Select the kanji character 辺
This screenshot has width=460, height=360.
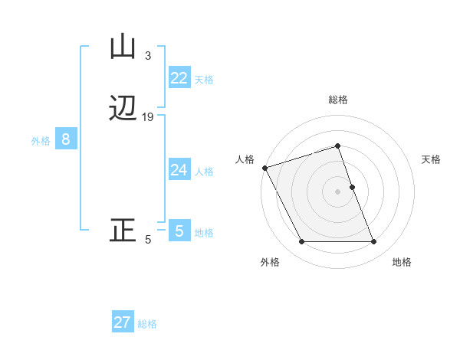pyautogui.click(x=123, y=108)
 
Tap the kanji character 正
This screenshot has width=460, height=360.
pyautogui.click(x=123, y=231)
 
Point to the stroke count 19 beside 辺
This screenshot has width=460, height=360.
pyautogui.click(x=148, y=117)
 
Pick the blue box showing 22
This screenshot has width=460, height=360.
pyautogui.click(x=179, y=77)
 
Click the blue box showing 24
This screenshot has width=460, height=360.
pyautogui.click(x=179, y=169)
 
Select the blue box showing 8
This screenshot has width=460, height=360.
pyautogui.click(x=66, y=139)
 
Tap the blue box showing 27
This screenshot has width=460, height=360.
pyautogui.click(x=123, y=322)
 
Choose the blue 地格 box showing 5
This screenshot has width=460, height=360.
pyautogui.click(x=179, y=231)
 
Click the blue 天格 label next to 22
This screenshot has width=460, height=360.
pyautogui.click(x=204, y=79)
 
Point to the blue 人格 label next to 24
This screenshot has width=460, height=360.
pyautogui.click(x=204, y=171)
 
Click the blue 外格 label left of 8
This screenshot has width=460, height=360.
pyautogui.click(x=41, y=141)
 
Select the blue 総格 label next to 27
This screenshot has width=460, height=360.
pyautogui.click(x=147, y=324)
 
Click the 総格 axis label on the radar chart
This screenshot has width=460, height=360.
pyautogui.click(x=338, y=100)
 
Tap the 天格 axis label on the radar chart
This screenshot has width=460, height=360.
pyautogui.click(x=432, y=159)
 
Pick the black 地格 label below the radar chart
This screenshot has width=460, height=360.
pyautogui.click(x=402, y=263)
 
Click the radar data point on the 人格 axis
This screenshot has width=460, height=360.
pyautogui.click(x=264, y=168)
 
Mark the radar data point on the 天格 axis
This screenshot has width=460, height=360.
pyautogui.click(x=352, y=187)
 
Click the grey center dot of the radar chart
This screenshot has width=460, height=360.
pyautogui.click(x=338, y=191)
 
